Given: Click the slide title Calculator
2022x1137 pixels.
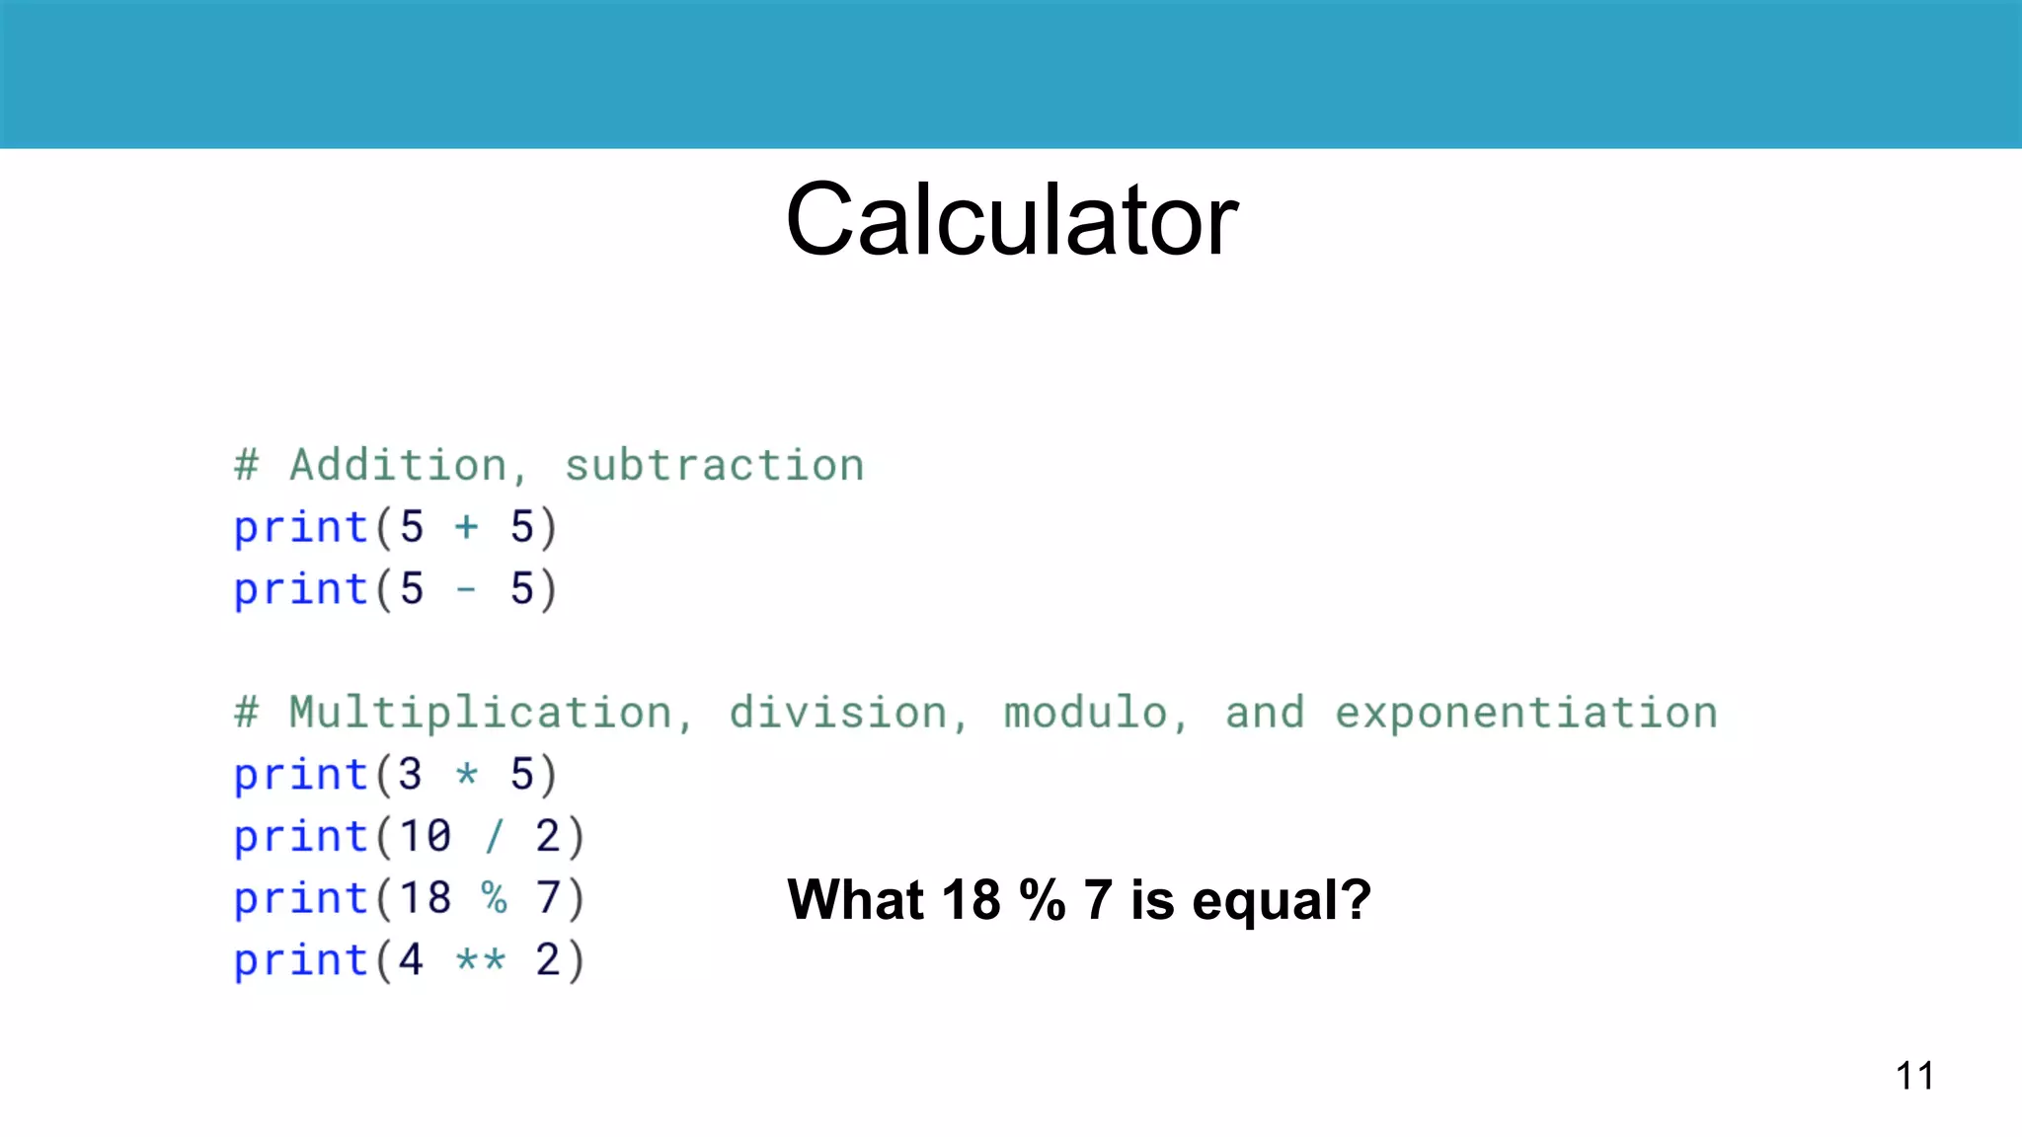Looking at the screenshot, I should tap(1011, 220).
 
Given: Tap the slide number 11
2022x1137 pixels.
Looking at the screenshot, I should tap(1914, 1076).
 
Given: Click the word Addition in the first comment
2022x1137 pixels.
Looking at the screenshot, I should tap(398, 465).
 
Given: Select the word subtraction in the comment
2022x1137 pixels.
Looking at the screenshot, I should tap(714, 465).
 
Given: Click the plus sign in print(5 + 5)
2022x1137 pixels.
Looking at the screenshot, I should tap(466, 527).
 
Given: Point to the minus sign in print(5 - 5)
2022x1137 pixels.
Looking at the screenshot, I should tap(466, 590).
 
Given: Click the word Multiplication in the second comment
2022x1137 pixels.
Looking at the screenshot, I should tap(481, 713).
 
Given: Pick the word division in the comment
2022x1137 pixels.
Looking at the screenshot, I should tap(838, 713).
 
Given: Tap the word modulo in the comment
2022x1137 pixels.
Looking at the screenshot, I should tap(1085, 713).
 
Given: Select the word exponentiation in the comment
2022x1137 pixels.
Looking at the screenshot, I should tap(1525, 713).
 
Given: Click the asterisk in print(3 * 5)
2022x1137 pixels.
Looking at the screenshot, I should tap(466, 774).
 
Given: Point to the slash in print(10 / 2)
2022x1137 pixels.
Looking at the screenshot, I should tap(494, 837).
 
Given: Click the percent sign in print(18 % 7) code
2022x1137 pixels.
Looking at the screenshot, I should tap(494, 898).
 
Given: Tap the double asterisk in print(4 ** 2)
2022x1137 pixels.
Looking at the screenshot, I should tap(481, 960).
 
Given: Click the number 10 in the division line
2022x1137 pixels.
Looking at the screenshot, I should tap(425, 837).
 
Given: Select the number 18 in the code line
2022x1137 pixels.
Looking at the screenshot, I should tap(425, 898).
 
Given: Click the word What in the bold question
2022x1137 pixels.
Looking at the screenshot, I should tap(855, 900).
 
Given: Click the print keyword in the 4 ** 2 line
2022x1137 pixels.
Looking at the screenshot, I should tap(300, 960).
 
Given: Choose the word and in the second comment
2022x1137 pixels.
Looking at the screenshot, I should tap(1264, 713).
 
